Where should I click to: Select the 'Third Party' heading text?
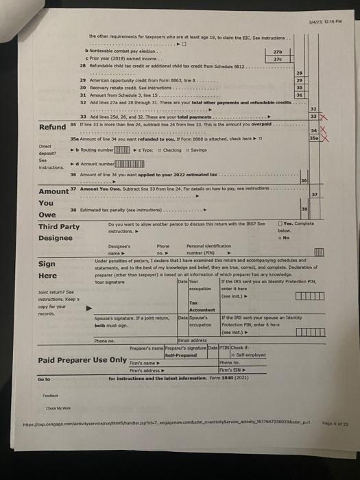tap(58, 227)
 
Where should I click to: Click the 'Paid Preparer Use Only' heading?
tap(82, 359)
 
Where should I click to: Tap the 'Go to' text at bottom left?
tap(45, 379)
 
